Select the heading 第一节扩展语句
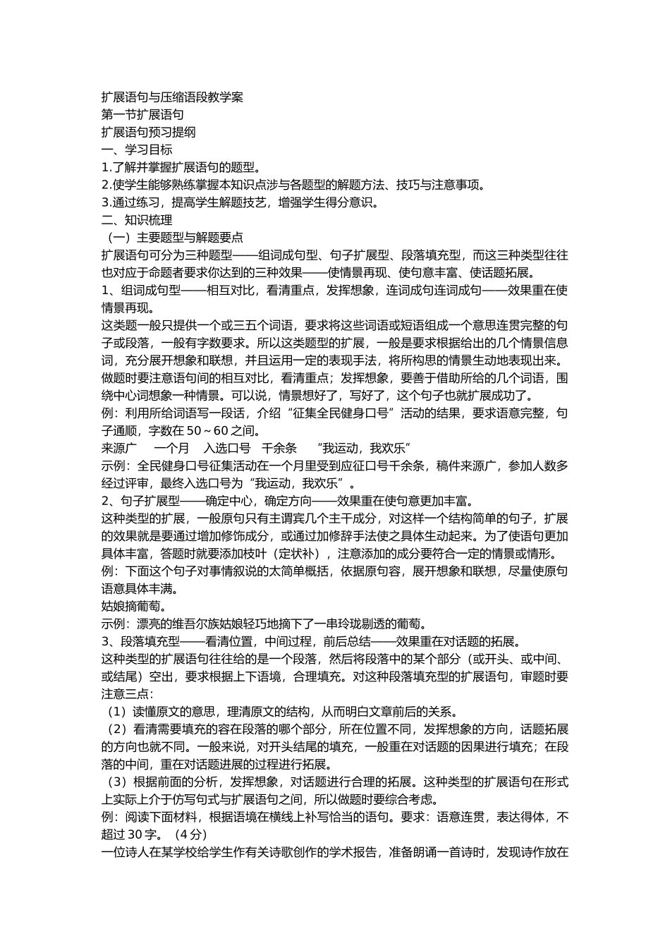(x=143, y=114)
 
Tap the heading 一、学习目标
(x=137, y=150)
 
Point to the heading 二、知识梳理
(x=137, y=220)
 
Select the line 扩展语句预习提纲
(x=149, y=132)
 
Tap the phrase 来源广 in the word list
(x=119, y=448)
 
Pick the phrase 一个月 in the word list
(x=172, y=448)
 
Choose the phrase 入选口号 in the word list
(x=227, y=448)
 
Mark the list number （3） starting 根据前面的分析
(x=116, y=782)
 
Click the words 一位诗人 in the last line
(x=125, y=852)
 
